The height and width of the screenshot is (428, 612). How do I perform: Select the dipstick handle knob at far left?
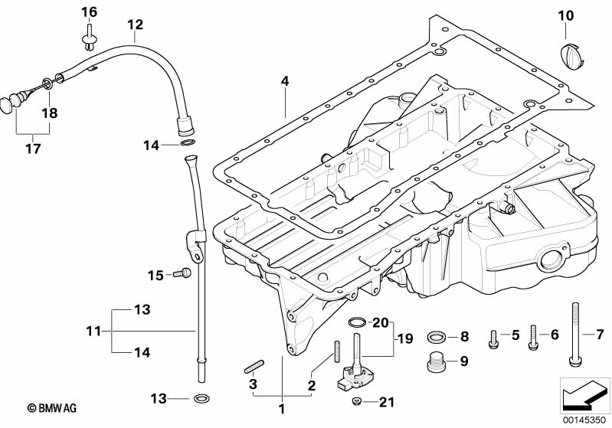9,103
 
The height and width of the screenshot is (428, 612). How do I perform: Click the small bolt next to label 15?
182,273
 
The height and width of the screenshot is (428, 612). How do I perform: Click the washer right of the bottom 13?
201,399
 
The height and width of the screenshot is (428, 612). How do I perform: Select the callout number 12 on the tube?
135,25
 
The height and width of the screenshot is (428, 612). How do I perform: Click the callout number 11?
93,330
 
